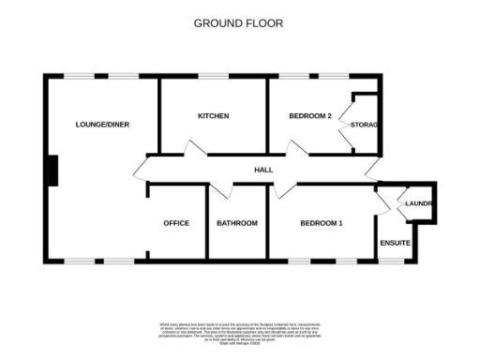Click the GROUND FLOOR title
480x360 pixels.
coord(238,22)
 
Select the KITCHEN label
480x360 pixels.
coord(213,116)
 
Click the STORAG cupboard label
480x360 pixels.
coord(364,125)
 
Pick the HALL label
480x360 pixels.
coord(263,170)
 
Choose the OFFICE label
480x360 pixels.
coord(176,223)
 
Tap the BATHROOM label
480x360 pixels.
coord(237,223)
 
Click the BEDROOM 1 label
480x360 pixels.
coord(322,223)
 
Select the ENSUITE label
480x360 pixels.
coord(395,242)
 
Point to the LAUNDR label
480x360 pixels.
coord(417,203)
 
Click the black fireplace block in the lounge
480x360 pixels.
coord(52,171)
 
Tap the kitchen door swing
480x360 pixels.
coord(196,150)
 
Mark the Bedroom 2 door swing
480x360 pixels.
coord(277,150)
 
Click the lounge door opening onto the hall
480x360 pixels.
coord(141,170)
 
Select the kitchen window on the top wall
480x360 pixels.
coord(214,76)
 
